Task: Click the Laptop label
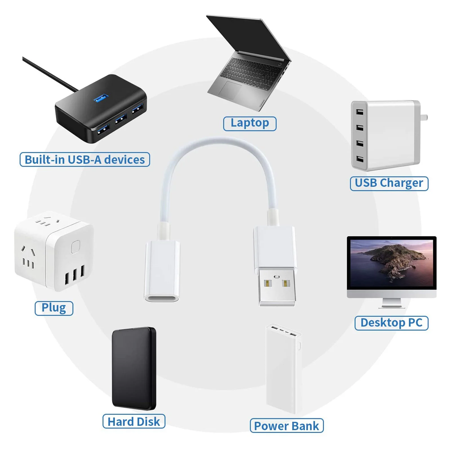click(250, 123)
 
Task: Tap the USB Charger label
click(389, 183)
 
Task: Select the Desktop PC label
click(391, 323)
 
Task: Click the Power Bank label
click(286, 426)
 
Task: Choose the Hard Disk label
click(134, 422)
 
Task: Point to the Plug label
click(54, 308)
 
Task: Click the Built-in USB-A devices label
click(85, 160)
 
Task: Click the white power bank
click(283, 369)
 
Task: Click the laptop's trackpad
click(230, 90)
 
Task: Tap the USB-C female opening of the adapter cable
click(162, 298)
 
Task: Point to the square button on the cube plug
click(75, 246)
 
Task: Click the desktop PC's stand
click(391, 303)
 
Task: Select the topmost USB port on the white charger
click(359, 112)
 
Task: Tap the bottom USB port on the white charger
click(359, 159)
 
